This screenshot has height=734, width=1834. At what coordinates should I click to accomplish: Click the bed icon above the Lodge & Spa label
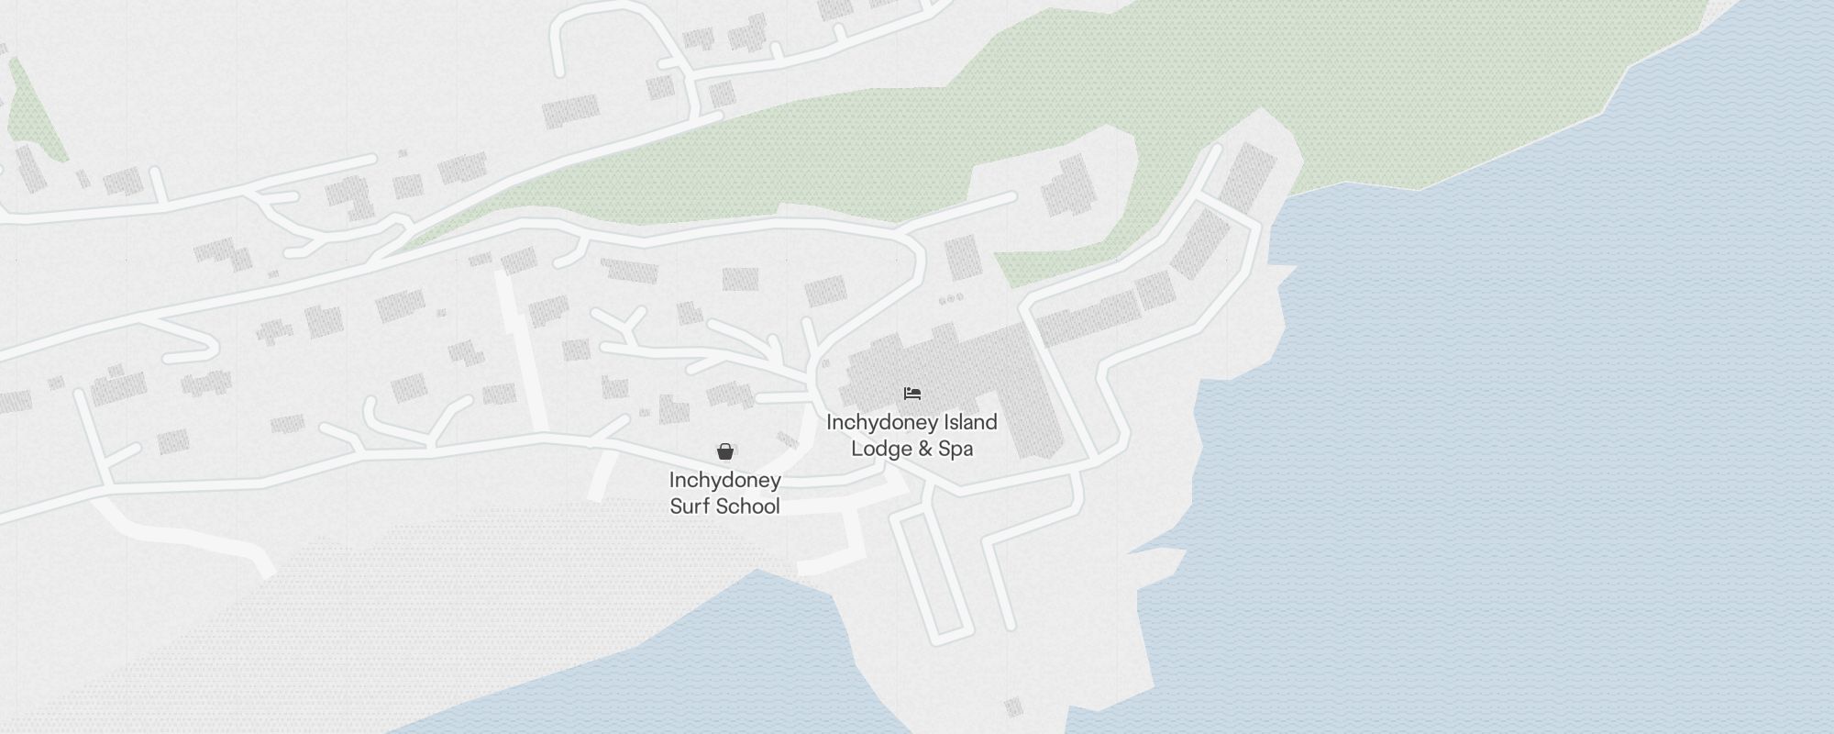911,394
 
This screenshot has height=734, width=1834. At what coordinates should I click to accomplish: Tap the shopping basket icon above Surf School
725,451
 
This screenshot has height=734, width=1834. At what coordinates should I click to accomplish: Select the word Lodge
881,449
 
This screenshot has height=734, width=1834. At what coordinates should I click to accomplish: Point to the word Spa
956,449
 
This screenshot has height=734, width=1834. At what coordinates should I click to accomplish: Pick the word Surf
690,506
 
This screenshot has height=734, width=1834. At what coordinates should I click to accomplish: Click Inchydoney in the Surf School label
724,480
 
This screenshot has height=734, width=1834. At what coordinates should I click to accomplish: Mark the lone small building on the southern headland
1013,706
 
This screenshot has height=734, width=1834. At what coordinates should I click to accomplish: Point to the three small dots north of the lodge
951,298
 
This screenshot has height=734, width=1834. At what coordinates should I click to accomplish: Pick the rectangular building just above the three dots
963,257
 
